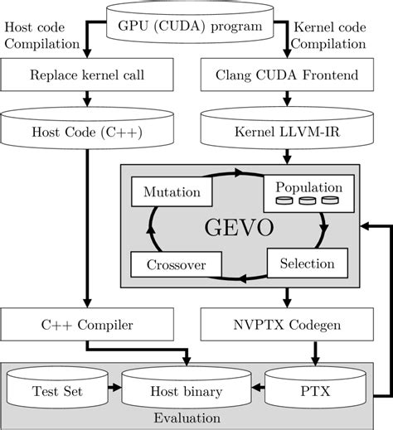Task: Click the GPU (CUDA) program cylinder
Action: (x=196, y=25)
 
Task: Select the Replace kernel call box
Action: (x=86, y=76)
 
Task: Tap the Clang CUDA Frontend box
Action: (x=286, y=76)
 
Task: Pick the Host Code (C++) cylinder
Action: (x=86, y=131)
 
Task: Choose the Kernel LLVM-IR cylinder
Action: (x=286, y=131)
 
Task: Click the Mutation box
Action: (x=172, y=192)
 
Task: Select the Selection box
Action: (x=301, y=263)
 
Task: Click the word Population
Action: (x=308, y=186)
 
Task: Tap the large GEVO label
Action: (x=238, y=229)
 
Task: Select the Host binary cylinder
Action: (x=183, y=389)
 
